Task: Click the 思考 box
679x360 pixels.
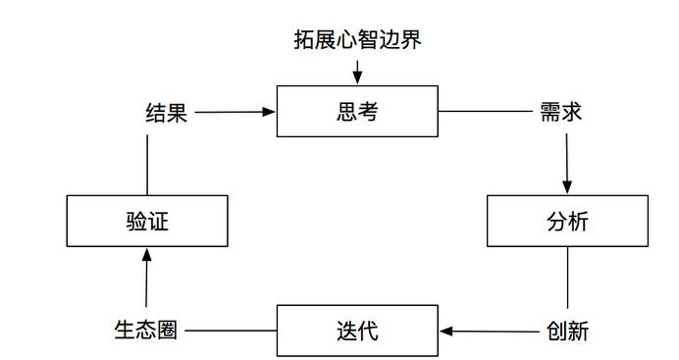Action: (357, 111)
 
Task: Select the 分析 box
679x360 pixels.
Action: (567, 221)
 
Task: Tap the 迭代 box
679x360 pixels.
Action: (357, 331)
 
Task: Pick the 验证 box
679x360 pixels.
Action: (147, 221)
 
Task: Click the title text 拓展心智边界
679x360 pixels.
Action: (357, 39)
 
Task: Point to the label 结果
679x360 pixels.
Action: (166, 113)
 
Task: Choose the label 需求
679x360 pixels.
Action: (561, 112)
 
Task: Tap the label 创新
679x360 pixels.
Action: (567, 332)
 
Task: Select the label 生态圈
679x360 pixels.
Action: (146, 330)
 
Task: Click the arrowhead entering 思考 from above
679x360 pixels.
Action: (357, 78)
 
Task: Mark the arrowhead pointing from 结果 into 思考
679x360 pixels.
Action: (269, 112)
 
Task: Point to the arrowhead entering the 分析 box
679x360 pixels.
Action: (567, 187)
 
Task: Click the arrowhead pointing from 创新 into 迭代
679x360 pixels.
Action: (446, 332)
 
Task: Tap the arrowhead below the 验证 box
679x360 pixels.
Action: (147, 254)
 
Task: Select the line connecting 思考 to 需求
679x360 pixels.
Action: (485, 111)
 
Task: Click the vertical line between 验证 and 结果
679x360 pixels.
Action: (147, 165)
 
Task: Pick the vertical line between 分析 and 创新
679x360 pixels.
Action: (568, 278)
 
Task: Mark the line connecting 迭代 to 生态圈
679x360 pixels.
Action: (231, 331)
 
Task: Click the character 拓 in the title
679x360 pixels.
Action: (304, 39)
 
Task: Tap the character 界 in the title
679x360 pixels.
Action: (411, 39)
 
